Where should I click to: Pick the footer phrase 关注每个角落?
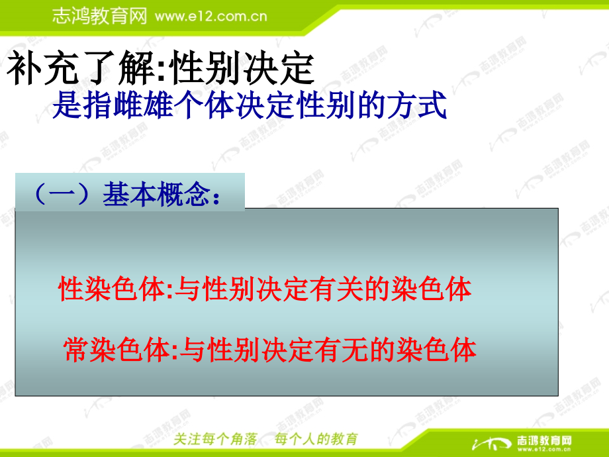(x=214, y=439)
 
